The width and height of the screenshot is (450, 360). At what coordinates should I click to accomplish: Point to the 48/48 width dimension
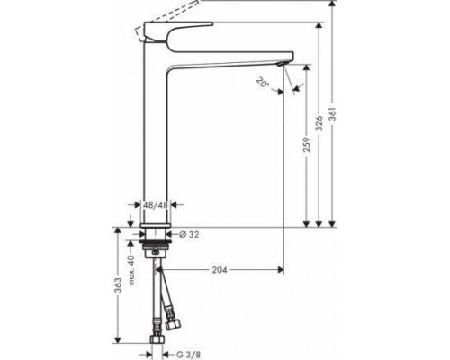click(157, 206)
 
